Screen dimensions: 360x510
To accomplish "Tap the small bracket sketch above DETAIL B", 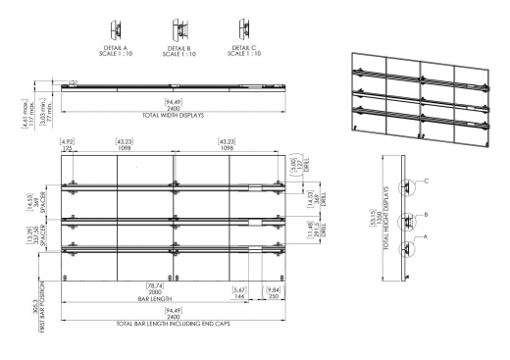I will (x=178, y=27).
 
